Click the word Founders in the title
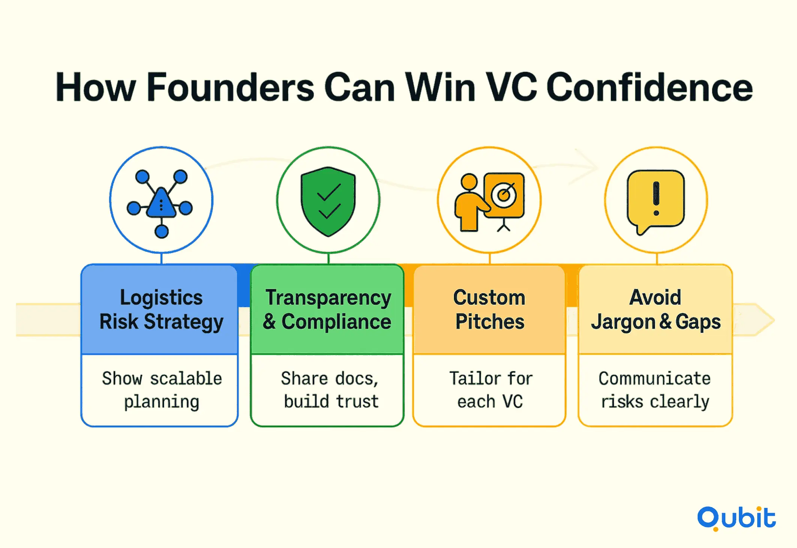[230, 87]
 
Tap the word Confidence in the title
[649, 87]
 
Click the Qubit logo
[736, 518]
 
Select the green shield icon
[328, 201]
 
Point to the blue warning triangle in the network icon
[161, 203]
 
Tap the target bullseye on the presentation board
[504, 194]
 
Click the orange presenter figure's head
[469, 182]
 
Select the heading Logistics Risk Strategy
[161, 310]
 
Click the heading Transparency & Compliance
[327, 310]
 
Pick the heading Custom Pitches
[489, 310]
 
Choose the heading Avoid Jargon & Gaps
[656, 310]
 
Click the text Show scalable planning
[162, 390]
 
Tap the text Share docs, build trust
[330, 390]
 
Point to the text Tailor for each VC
[491, 390]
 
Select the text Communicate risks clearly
[655, 390]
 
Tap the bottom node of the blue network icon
[162, 231]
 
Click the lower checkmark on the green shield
[329, 211]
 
